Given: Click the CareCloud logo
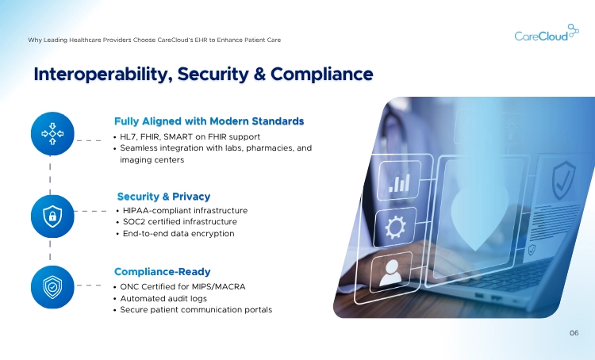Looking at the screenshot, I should (x=541, y=35).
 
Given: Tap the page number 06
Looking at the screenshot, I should (x=574, y=333).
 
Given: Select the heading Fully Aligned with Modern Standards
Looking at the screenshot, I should (x=209, y=121).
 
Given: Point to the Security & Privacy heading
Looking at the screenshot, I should (x=163, y=196).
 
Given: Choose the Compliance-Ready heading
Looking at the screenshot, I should (x=162, y=271).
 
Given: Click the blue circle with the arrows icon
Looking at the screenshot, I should (x=52, y=133).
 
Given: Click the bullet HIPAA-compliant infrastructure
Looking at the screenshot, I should (x=185, y=210).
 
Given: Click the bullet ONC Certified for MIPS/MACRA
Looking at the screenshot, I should (x=182, y=285).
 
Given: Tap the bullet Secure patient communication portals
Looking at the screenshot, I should (x=196, y=309).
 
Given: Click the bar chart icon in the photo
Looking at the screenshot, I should (x=396, y=184).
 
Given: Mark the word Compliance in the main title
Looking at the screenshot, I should (x=323, y=75).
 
